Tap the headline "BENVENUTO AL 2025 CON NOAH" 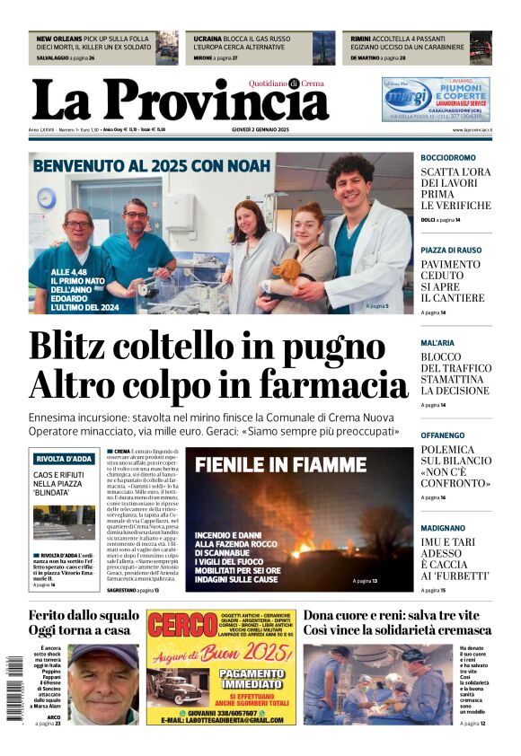(x=150, y=166)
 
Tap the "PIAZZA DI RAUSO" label (x=451, y=251)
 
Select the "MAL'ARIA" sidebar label (x=437, y=343)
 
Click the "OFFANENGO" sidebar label (x=443, y=435)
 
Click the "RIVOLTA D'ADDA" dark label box (x=64, y=458)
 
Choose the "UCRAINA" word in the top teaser (x=208, y=40)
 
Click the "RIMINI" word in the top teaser (x=360, y=40)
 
